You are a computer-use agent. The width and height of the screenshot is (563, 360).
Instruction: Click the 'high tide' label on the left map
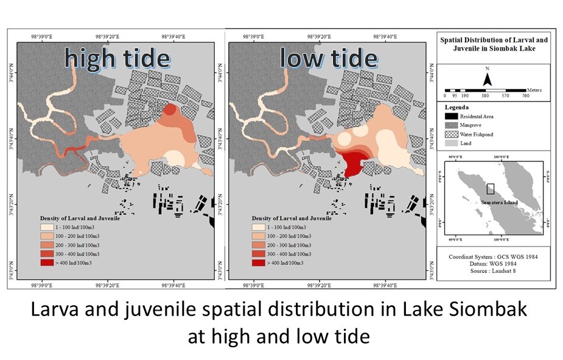[117, 58]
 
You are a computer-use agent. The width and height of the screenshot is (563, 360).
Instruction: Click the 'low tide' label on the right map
[329, 58]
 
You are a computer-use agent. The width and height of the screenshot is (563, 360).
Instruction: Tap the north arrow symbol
[487, 79]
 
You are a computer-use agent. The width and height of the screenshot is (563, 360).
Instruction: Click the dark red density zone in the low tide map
[352, 163]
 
